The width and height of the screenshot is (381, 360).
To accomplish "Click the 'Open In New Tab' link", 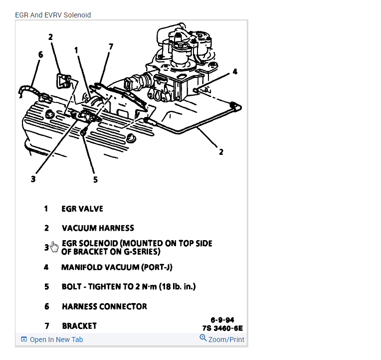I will [x=56, y=340].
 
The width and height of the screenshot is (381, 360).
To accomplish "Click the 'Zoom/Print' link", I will [x=226, y=340].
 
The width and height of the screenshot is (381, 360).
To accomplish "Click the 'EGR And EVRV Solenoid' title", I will [x=53, y=15].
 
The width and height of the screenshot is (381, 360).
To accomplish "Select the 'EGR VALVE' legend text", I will [x=82, y=209].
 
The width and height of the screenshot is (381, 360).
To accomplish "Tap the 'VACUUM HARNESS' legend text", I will [x=98, y=228].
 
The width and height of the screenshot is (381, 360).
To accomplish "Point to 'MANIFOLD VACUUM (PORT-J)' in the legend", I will [x=117, y=267].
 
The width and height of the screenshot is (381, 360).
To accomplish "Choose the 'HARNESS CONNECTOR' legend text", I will [x=104, y=307].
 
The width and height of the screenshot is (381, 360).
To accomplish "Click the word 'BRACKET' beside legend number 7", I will [x=79, y=326].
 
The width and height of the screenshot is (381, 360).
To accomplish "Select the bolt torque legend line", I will [x=129, y=287].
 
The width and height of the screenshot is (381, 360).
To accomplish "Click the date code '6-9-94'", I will [x=222, y=320].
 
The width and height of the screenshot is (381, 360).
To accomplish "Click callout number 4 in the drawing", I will [x=235, y=71].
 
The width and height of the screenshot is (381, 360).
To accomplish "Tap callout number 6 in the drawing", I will [x=40, y=54].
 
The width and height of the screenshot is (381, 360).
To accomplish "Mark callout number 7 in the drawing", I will [x=111, y=47].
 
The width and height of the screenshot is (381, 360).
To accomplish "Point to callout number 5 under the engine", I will [x=95, y=180].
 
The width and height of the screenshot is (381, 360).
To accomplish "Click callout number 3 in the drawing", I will [x=33, y=179].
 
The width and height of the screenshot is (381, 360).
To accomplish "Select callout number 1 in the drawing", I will [x=76, y=50].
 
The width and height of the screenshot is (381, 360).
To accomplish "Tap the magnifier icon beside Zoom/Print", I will [x=203, y=338].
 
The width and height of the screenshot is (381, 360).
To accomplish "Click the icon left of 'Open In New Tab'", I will [x=24, y=340].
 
